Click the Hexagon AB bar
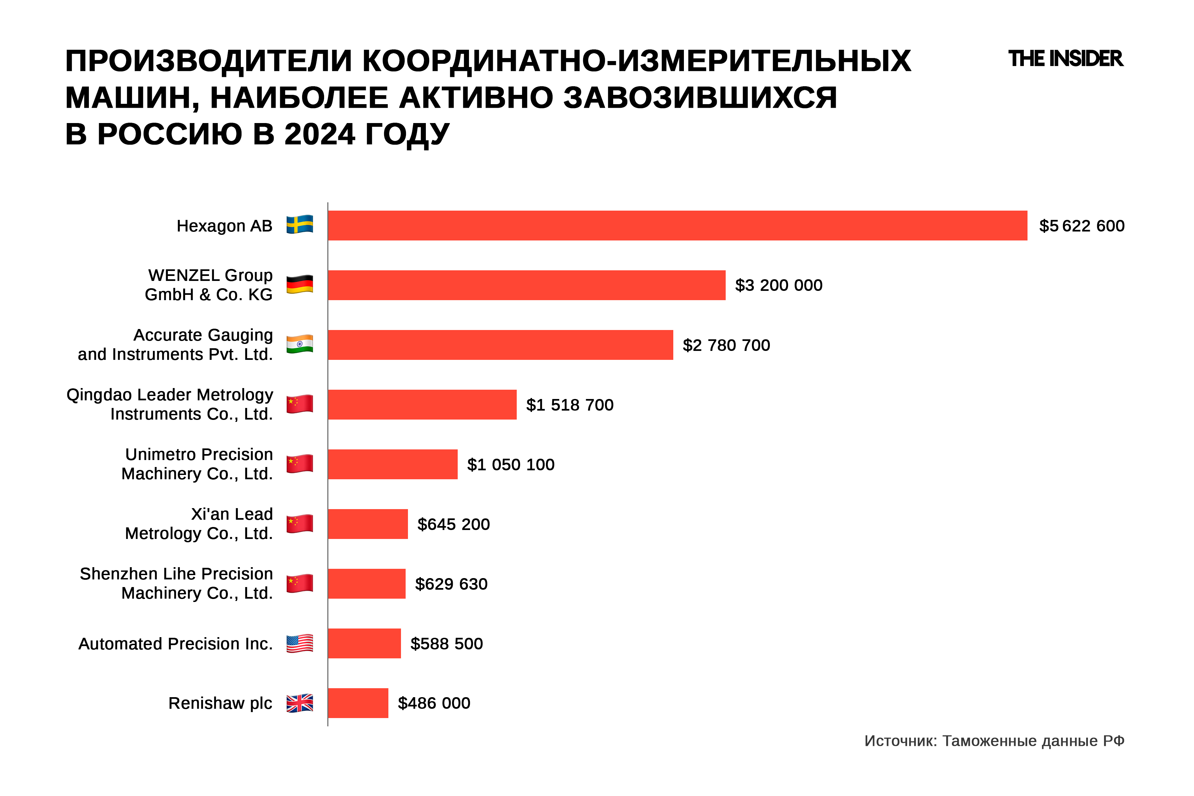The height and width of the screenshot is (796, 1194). tap(677, 226)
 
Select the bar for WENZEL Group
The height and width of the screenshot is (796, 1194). tap(526, 285)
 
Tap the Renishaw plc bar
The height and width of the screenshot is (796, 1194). tap(358, 703)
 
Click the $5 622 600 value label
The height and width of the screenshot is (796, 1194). tap(1081, 226)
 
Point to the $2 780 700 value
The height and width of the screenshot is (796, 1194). tap(726, 345)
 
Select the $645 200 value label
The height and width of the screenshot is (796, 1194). tap(453, 524)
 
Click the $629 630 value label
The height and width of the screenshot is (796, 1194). tap(451, 584)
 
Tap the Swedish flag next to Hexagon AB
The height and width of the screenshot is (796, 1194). tap(299, 225)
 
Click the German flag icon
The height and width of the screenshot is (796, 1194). tap(299, 284)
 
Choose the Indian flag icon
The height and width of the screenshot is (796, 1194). tap(299, 344)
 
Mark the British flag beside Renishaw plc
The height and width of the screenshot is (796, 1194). tap(299, 703)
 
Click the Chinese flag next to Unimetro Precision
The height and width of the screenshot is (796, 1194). tap(299, 463)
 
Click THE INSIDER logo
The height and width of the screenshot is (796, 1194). tap(1065, 59)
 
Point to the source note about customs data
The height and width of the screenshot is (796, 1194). tap(994, 741)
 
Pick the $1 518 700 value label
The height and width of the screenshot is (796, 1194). tap(569, 405)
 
